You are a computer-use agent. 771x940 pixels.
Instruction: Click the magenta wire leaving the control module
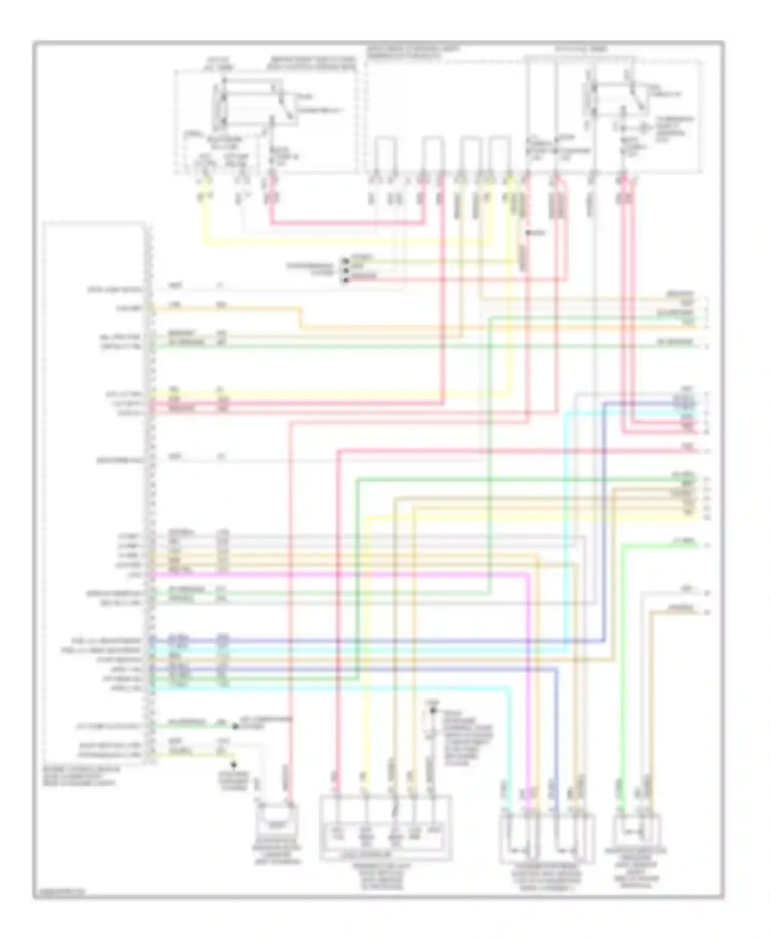pos(339,573)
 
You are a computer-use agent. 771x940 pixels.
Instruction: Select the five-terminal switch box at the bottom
pos(385,827)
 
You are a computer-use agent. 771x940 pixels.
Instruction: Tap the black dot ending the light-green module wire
pos(235,726)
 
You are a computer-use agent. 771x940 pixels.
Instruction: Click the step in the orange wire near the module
pos(300,317)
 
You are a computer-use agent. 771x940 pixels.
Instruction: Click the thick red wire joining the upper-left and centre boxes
pos(350,223)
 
